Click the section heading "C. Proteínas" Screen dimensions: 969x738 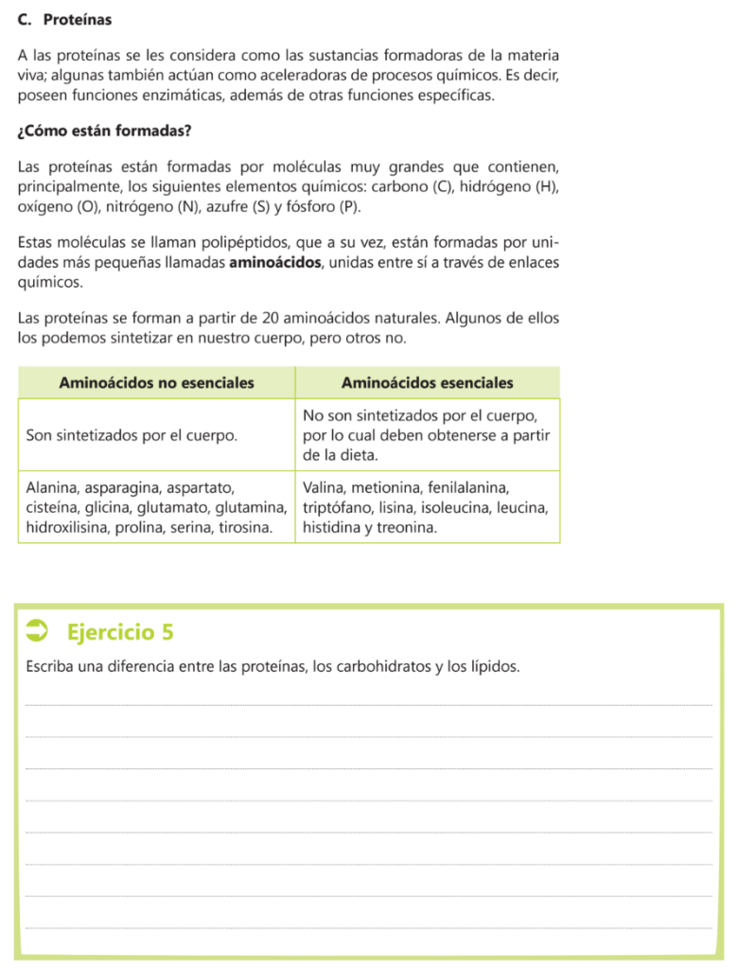[x=64, y=19]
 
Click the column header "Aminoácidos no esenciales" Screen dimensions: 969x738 [x=156, y=382]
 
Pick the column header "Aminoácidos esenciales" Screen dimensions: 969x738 [x=427, y=382]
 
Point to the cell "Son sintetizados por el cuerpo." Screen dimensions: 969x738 [x=132, y=435]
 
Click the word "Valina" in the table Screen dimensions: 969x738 [x=324, y=488]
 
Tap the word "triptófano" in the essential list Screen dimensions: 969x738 [x=338, y=508]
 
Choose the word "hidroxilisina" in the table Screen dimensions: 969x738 [x=68, y=528]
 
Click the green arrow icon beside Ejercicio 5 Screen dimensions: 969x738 [x=41, y=631]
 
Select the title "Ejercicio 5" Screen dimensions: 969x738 [x=121, y=631]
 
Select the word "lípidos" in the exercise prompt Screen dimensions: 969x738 [x=494, y=667]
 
